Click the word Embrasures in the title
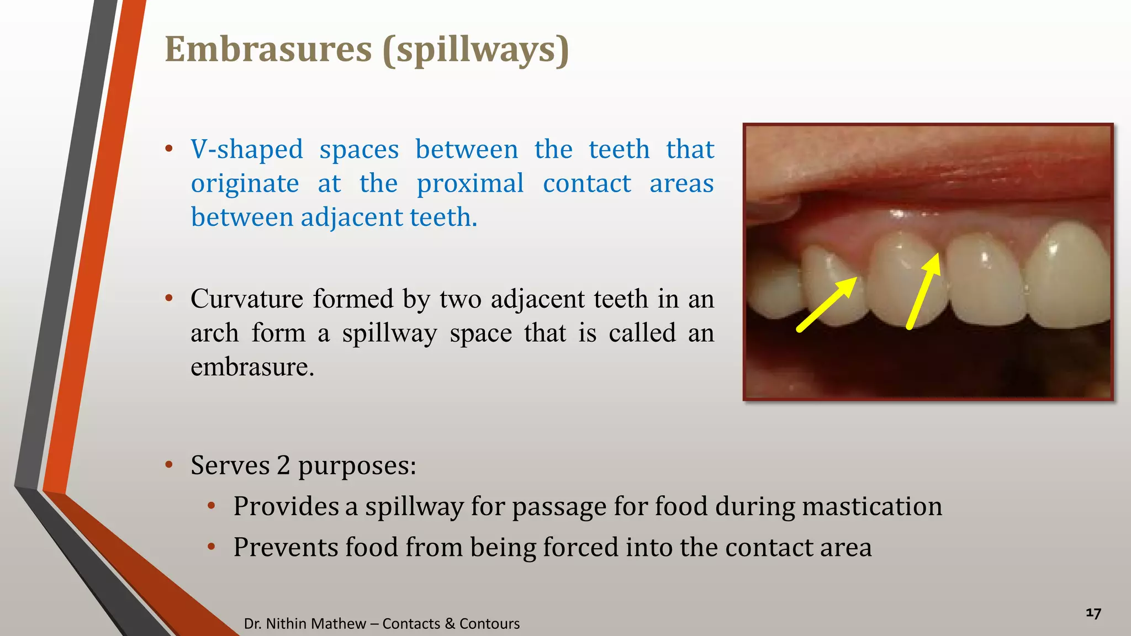(x=268, y=50)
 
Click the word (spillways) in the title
(x=475, y=50)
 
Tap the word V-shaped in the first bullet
(x=247, y=150)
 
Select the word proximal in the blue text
(x=470, y=184)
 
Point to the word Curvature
(x=247, y=299)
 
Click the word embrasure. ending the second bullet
(x=252, y=367)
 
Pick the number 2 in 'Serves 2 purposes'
(x=283, y=465)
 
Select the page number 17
(x=1093, y=613)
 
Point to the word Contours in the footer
(x=489, y=624)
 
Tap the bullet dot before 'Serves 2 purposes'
(x=169, y=465)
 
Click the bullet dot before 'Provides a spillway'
(x=211, y=506)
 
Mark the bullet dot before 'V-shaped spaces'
(x=169, y=149)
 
